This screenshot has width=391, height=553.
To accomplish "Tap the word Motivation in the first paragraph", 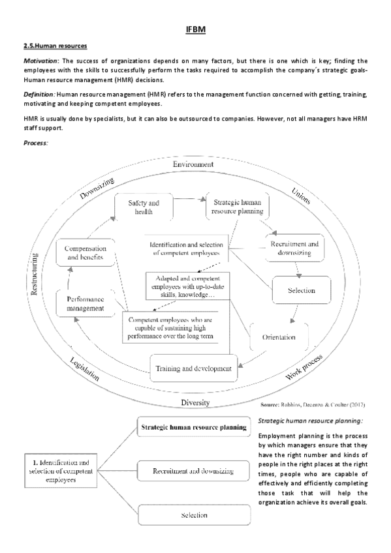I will pos(41,61).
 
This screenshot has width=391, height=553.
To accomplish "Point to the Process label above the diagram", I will pos(36,143).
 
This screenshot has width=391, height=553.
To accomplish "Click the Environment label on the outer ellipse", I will pos(193,164).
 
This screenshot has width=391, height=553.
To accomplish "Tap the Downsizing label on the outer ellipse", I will pos(97,188).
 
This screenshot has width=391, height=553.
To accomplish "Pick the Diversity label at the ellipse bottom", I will pos(196,402).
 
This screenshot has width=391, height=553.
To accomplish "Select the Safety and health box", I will pos(142,207).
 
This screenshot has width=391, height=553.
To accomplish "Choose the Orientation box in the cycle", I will pos(279,338).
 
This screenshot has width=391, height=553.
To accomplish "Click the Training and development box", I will pos(193,368).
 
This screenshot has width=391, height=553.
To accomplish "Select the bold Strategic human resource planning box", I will pos(194,428).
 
